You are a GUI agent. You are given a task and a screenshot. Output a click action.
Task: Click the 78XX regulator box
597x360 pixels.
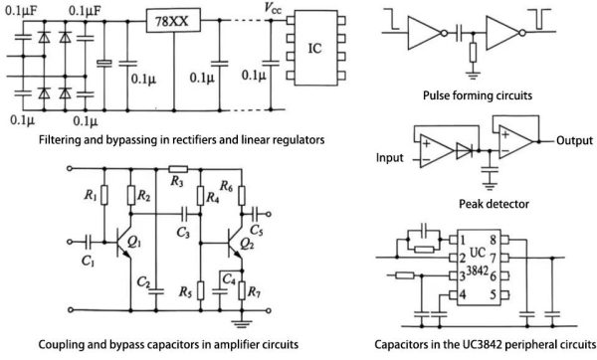point(172,21)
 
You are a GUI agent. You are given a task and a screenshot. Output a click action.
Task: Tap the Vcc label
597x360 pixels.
point(272,7)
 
